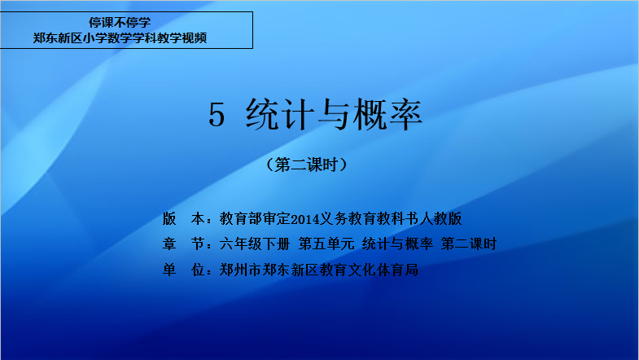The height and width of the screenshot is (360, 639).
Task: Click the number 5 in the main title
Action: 217,115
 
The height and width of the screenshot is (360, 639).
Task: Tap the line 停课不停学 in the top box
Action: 120,22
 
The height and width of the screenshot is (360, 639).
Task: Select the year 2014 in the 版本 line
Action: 305,219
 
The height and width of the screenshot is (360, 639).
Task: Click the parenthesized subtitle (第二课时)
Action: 306,165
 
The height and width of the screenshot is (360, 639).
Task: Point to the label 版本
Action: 183,219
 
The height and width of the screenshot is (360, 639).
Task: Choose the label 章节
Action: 183,244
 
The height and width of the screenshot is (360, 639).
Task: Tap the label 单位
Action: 183,270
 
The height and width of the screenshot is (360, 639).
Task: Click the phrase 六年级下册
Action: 254,244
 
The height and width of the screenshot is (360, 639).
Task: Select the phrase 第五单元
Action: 326,244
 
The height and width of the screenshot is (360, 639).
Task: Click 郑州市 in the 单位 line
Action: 240,270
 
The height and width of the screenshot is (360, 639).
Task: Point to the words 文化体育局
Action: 383,270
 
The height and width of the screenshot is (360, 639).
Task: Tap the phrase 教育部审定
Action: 255,219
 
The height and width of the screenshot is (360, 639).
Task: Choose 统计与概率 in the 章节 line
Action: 397,244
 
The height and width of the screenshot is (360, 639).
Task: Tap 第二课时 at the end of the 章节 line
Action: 469,244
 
